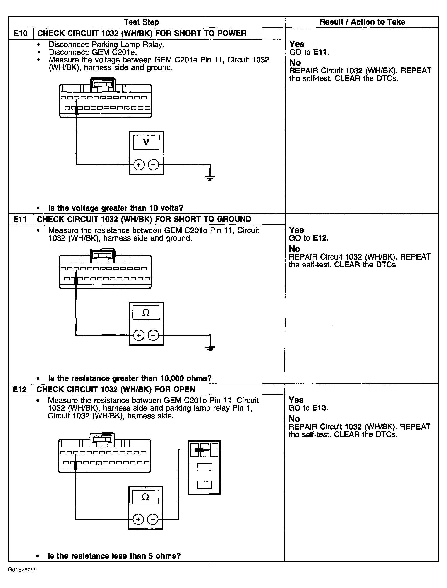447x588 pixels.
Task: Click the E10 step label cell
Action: coord(21,34)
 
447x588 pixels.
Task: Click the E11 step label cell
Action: coord(20,219)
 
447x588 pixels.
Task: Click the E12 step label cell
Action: coord(20,389)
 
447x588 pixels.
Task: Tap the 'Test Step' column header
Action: coord(141,22)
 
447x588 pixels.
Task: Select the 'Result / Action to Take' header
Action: coord(362,22)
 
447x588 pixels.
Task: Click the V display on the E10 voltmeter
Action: coord(146,142)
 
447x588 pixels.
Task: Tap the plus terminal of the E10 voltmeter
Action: coord(139,165)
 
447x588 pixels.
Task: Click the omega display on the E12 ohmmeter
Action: coord(145,497)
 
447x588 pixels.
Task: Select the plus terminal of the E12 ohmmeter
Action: coord(138,519)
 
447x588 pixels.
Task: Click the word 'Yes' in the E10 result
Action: coord(297,44)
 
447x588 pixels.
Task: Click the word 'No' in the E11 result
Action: coord(295,249)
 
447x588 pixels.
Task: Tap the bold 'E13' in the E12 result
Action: coord(320,408)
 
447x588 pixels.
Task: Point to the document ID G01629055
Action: coord(22,570)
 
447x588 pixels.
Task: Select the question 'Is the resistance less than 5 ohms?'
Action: coord(114,556)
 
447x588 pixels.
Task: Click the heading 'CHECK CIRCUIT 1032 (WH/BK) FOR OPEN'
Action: coord(116,389)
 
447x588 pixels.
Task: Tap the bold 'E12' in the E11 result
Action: coord(320,238)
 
